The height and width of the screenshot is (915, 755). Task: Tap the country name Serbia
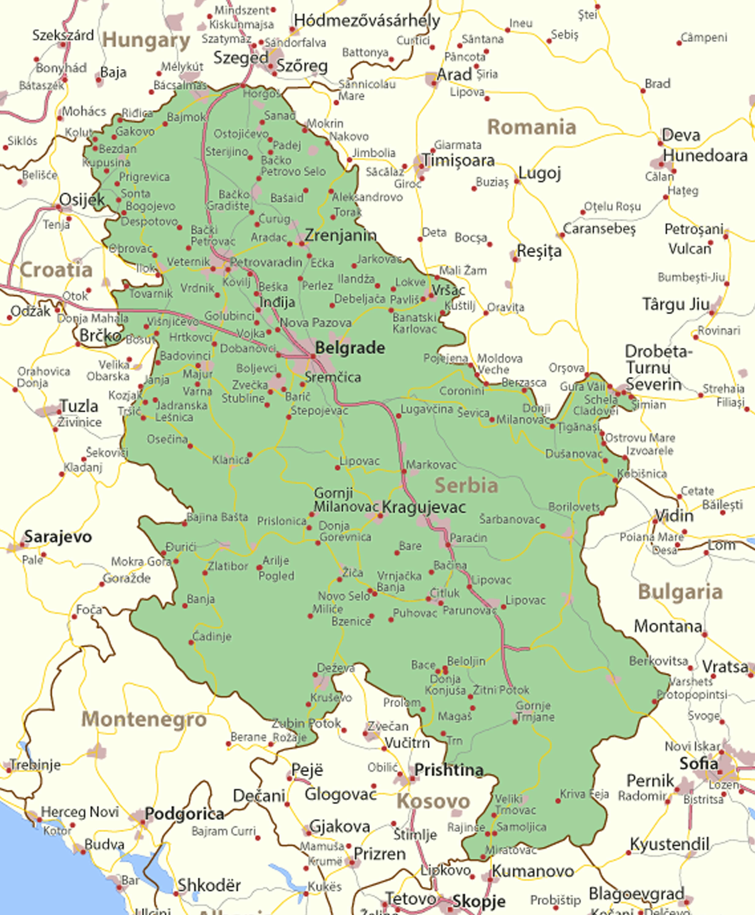(x=466, y=486)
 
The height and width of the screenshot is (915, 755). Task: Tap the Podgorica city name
(x=184, y=814)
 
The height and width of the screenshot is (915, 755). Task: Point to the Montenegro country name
(x=144, y=719)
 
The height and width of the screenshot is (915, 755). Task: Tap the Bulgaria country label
(x=680, y=592)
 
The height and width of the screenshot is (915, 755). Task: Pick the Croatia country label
(x=56, y=270)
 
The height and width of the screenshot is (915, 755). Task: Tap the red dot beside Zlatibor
(x=205, y=573)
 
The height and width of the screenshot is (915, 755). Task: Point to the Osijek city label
(x=82, y=200)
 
